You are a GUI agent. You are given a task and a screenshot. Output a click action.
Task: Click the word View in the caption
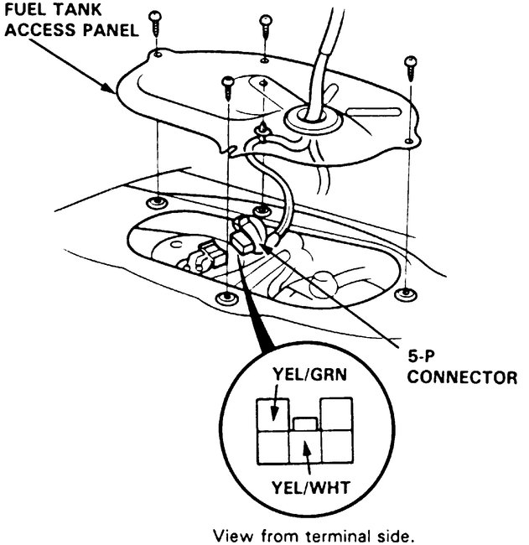pyautogui.click(x=231, y=535)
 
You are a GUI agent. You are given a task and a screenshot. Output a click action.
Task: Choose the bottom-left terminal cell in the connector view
pyautogui.click(x=273, y=449)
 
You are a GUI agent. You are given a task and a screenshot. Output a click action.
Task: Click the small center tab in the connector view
pyautogui.click(x=303, y=423)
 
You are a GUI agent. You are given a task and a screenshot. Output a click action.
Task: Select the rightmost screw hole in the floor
pyautogui.click(x=407, y=293)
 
